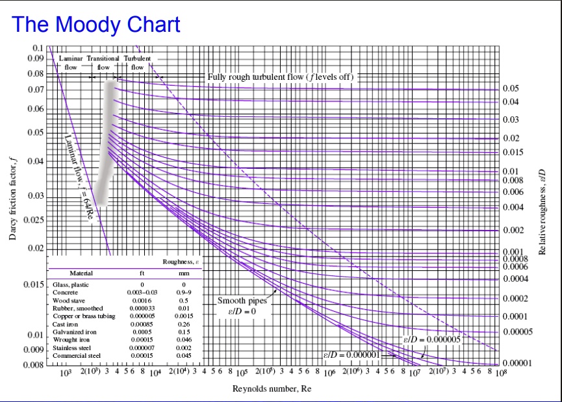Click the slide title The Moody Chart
pos(96,25)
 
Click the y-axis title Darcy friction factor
pos(13,199)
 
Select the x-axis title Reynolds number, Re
pos(272,388)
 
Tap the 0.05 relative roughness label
pos(511,88)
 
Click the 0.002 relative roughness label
pos(513,230)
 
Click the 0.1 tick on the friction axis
pos(38,49)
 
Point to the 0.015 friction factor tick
pos(33,284)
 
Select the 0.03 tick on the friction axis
pos(36,195)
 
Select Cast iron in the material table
pos(64,323)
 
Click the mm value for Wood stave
pos(184,301)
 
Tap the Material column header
pos(81,273)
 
